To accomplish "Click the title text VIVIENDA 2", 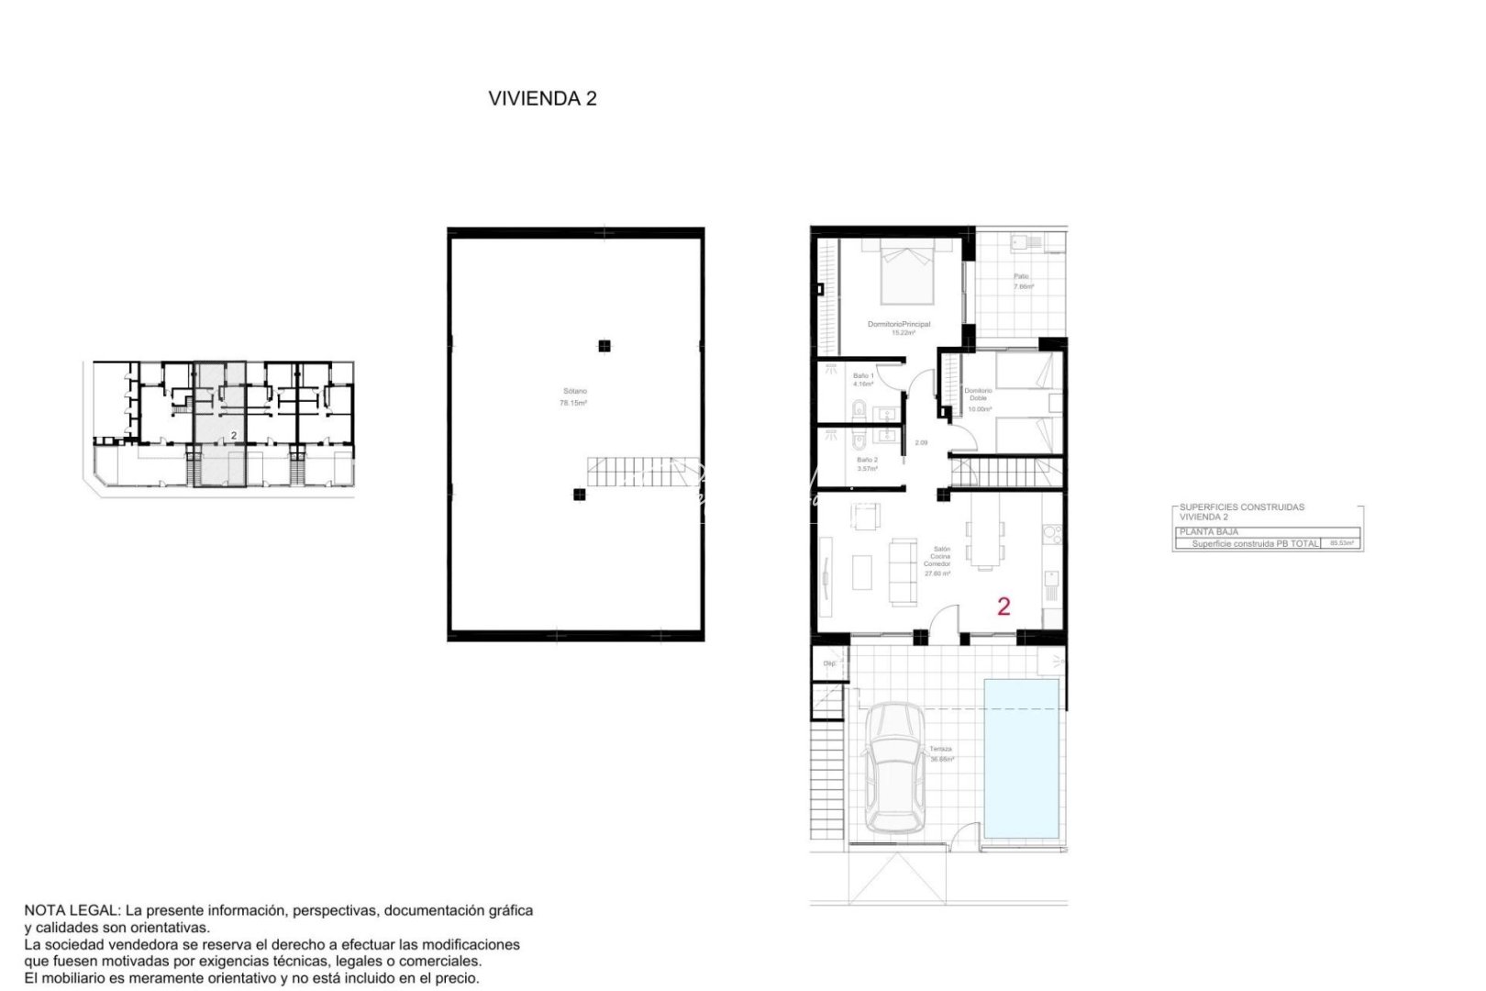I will pyautogui.click(x=542, y=99).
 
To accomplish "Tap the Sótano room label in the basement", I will pyautogui.click(x=574, y=396).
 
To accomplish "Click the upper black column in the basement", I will pyautogui.click(x=604, y=346).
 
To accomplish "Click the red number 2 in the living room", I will pyautogui.click(x=1004, y=606).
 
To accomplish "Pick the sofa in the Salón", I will pyautogui.click(x=903, y=571).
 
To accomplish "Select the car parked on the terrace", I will pyautogui.click(x=895, y=768).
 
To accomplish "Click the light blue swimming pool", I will pyautogui.click(x=1021, y=758).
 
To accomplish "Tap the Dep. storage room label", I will pyautogui.click(x=829, y=663).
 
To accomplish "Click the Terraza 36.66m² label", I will pyautogui.click(x=942, y=754).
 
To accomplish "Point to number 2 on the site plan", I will pyautogui.click(x=234, y=436).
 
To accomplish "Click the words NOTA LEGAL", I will pyautogui.click(x=71, y=910).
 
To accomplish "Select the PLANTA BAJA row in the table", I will pyautogui.click(x=1209, y=531).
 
